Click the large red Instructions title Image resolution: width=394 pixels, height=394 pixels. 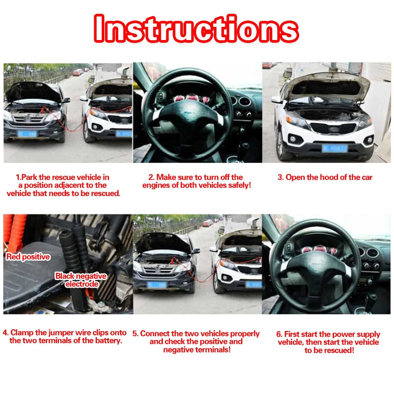[196, 28]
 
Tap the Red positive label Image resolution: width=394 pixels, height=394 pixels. [28, 257]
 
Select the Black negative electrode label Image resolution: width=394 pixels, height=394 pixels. [81, 280]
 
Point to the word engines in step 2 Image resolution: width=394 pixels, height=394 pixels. [156, 185]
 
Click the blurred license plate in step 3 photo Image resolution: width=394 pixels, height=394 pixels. [334, 148]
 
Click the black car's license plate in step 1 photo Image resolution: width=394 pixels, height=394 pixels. [27, 134]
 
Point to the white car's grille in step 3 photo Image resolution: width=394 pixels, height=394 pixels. [334, 129]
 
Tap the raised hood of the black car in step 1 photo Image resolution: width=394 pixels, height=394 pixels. [33, 92]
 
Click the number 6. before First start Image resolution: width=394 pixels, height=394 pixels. [279, 334]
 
